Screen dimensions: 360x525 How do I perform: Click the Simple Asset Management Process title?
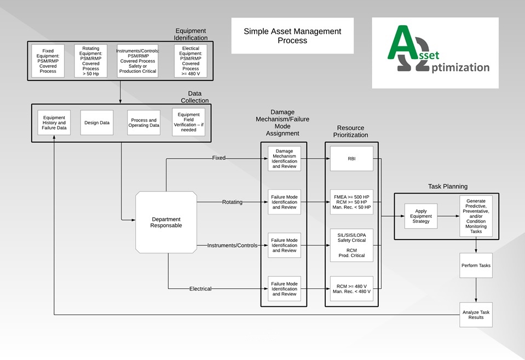tap(292, 36)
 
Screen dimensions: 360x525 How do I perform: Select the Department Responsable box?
tap(166, 222)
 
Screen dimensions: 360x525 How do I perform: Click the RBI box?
tap(352, 159)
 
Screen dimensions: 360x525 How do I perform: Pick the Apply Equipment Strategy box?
tap(421, 216)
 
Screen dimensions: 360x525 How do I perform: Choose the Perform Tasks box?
tap(476, 265)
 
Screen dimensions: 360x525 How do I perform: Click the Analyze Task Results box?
tap(476, 314)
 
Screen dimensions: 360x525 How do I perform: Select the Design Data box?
tap(97, 123)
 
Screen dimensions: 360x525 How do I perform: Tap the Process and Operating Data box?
tap(143, 123)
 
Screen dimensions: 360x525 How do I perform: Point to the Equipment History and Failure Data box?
tap(54, 123)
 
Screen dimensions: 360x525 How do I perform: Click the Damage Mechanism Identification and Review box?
tap(284, 159)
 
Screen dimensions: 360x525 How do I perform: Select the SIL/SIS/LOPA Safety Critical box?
tap(352, 245)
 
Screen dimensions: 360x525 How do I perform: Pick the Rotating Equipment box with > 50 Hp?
tap(90, 61)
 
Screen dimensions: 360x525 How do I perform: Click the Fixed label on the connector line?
tap(218, 158)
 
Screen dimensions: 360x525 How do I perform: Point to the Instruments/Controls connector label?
tap(232, 246)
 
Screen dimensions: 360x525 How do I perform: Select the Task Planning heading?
tap(447, 187)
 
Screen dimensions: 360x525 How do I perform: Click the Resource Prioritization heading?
tap(352, 131)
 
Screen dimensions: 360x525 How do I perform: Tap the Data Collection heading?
tap(195, 97)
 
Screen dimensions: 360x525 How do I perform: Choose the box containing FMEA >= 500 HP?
tap(352, 202)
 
